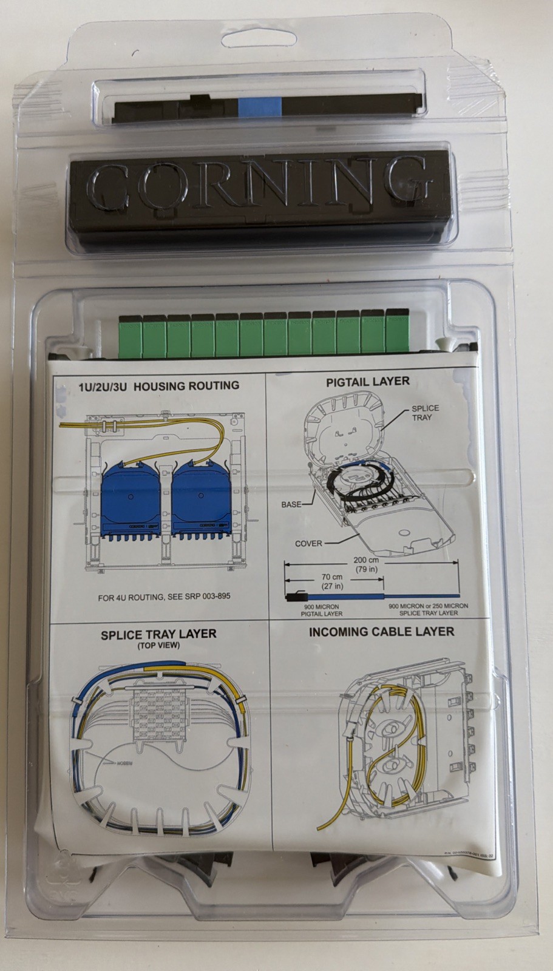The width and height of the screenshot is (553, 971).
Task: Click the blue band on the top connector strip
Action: (x=260, y=107)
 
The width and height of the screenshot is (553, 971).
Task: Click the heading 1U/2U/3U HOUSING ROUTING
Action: (x=159, y=385)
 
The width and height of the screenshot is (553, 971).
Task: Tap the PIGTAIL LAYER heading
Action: (x=368, y=382)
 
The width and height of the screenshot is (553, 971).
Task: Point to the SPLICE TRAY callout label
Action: (x=425, y=413)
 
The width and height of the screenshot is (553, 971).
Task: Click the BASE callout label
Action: (x=291, y=504)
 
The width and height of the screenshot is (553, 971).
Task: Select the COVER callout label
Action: (x=308, y=543)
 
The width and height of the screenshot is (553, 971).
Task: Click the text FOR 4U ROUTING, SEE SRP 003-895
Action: (x=164, y=597)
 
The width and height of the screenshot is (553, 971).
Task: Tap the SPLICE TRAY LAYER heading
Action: (x=158, y=634)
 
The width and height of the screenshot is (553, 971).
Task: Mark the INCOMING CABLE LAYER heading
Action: (x=381, y=632)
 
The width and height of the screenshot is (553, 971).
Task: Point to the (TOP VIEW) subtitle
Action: (x=158, y=645)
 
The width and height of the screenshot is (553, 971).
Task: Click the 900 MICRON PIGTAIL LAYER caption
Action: (x=321, y=610)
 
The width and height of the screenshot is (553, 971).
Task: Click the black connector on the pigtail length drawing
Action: (x=295, y=597)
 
